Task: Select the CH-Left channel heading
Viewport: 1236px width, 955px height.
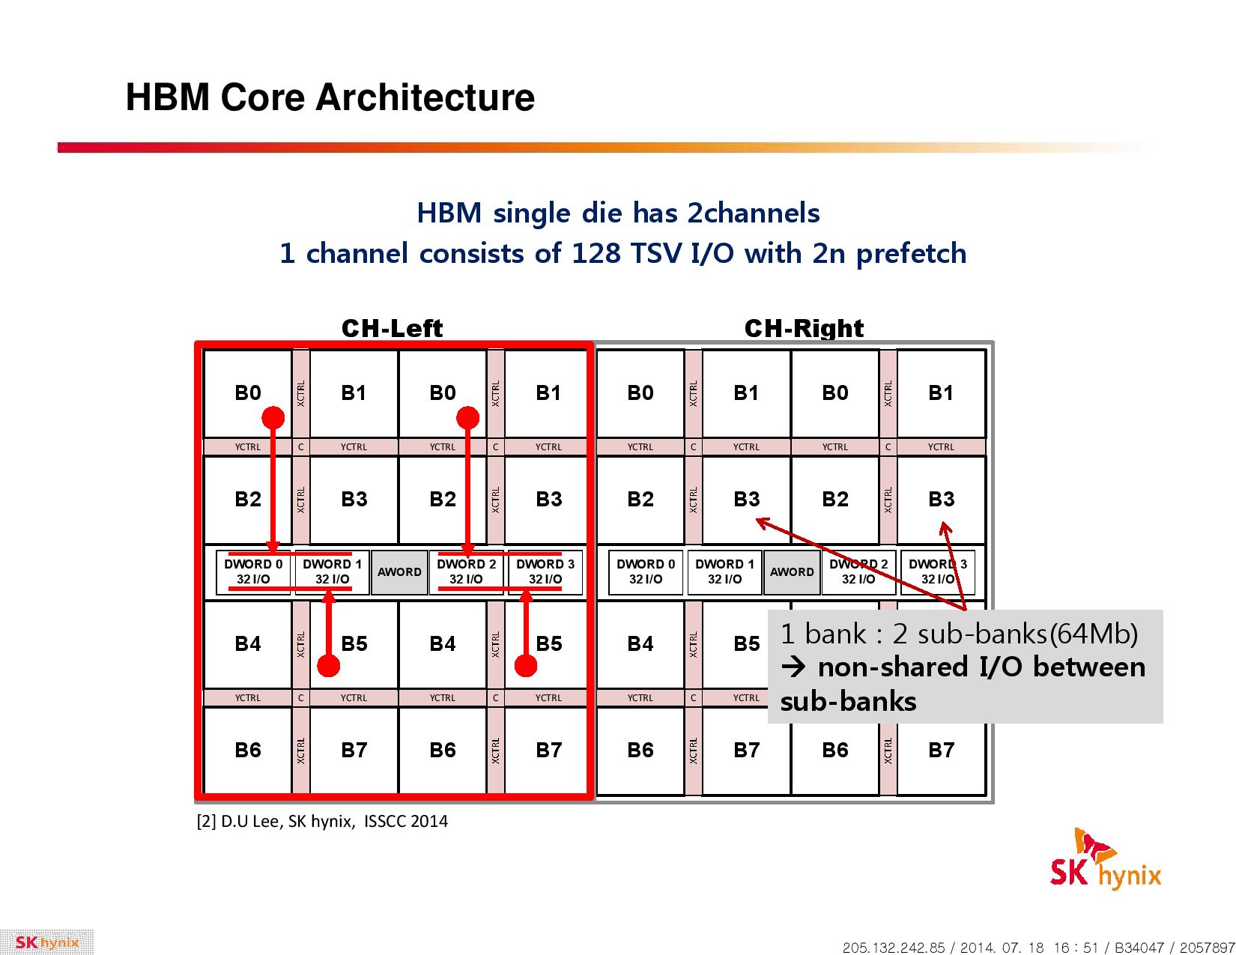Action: coord(392,328)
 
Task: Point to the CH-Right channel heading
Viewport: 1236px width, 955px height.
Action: coord(804,328)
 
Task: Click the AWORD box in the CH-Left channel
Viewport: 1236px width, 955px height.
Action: coord(399,572)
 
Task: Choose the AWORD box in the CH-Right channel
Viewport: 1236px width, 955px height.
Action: coord(792,572)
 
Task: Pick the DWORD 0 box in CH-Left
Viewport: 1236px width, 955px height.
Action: coord(253,572)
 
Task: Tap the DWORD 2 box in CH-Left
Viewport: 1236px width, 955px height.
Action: coord(467,572)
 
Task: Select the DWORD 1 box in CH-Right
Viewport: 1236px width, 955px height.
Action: coord(724,572)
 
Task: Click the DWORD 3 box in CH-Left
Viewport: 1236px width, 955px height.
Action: coord(545,572)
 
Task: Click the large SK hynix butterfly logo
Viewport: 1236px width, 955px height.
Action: coord(1105,859)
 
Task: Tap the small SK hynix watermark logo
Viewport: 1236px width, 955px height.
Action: coord(46,942)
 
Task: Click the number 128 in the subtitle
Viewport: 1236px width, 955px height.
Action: coord(596,253)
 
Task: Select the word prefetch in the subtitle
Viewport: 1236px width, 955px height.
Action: coord(911,254)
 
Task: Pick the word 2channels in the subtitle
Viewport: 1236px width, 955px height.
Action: coord(753,213)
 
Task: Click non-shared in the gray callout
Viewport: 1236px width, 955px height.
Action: coord(892,667)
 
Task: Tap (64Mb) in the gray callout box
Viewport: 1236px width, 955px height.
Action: coord(1093,634)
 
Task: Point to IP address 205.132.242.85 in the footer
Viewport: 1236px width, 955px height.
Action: coord(893,948)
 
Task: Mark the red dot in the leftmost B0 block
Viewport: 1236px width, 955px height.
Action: coord(273,417)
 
